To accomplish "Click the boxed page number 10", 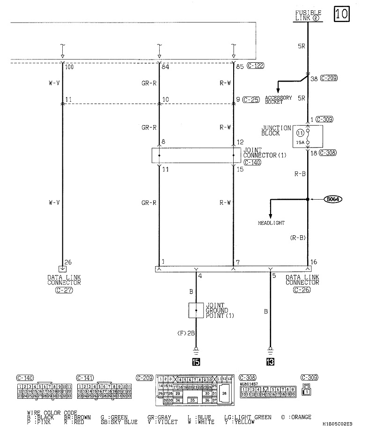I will point(341,14).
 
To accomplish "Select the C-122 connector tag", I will point(255,66).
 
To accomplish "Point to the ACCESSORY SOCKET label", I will point(278,100).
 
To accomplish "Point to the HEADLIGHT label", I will point(271,223).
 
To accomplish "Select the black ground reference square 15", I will point(197,362).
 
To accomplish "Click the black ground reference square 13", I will point(270,362).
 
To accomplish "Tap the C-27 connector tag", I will point(64,290).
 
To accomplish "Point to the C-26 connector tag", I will point(302,290).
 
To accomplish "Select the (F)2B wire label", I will point(188,333).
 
